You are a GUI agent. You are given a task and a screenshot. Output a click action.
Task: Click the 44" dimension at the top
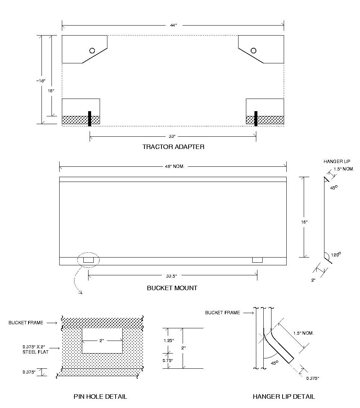coord(173,25)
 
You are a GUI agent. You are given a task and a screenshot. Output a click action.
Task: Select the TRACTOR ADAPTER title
coord(173,147)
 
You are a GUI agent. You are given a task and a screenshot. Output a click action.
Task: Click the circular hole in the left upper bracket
coord(92,50)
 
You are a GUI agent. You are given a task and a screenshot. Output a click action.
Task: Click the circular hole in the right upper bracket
coord(253,50)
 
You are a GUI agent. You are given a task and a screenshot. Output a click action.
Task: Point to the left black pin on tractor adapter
coord(89,118)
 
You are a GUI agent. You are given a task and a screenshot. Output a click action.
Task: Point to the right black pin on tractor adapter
coord(256,118)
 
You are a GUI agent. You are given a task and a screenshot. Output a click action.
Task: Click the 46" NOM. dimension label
coord(173,166)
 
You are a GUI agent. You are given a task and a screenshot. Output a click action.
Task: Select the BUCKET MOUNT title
coord(172,288)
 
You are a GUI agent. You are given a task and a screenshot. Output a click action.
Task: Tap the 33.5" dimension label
coord(173,276)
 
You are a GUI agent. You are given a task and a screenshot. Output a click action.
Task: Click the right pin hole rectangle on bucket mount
coord(257,260)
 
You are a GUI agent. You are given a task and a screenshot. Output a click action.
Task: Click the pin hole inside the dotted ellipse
coord(88,260)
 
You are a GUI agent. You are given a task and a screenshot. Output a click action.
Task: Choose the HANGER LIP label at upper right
coord(337,162)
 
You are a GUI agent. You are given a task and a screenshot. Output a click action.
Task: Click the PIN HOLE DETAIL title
coord(100,397)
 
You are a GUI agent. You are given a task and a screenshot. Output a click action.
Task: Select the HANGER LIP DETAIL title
coord(284,397)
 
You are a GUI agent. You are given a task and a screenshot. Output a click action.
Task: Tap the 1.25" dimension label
coord(168,340)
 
